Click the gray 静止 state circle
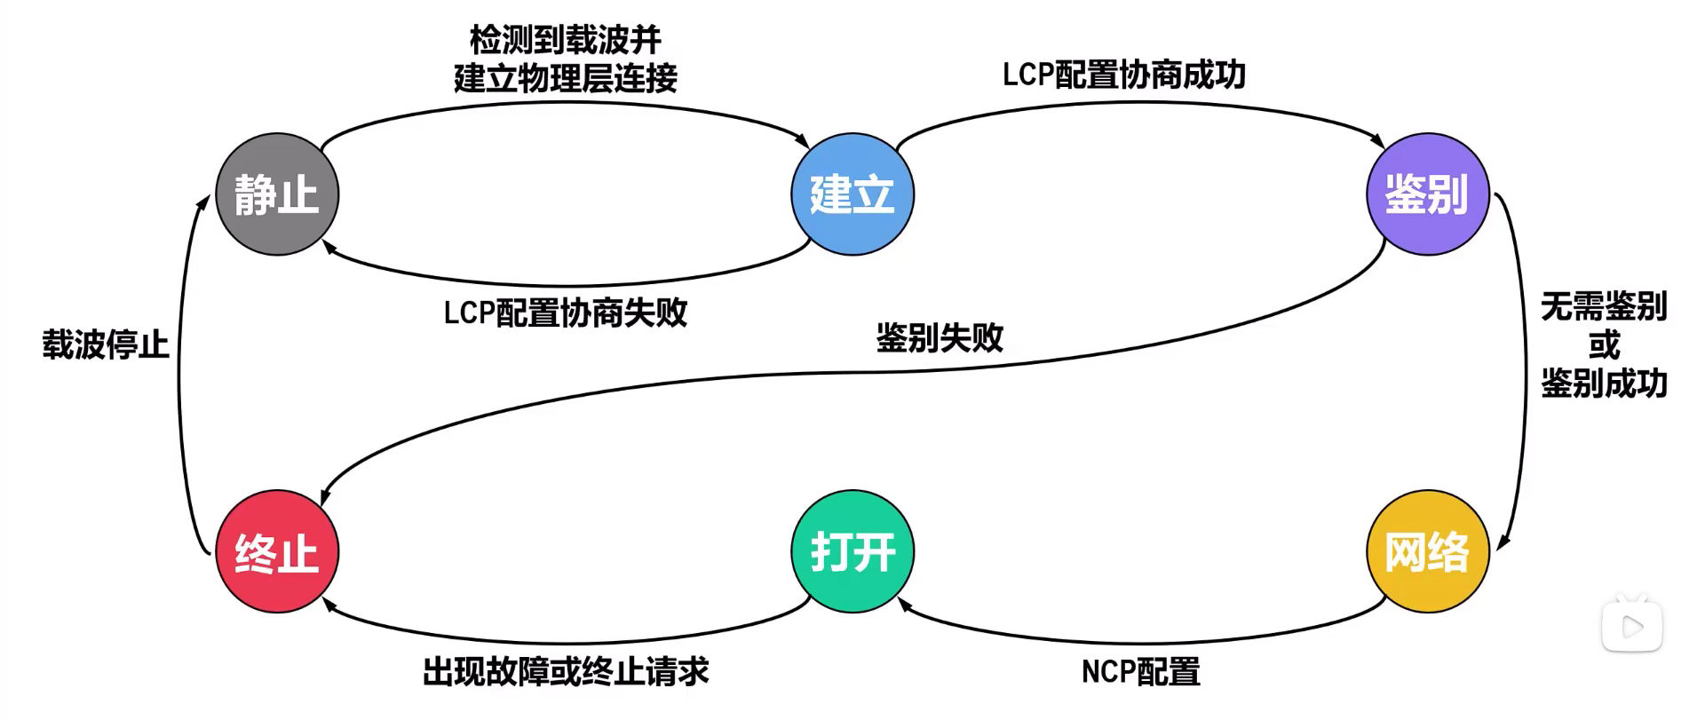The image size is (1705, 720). click(x=277, y=194)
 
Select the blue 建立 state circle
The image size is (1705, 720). click(x=852, y=194)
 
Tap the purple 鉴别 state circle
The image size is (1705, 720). click(x=1427, y=194)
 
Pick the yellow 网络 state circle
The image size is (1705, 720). click(x=1427, y=551)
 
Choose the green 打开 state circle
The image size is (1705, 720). click(x=852, y=551)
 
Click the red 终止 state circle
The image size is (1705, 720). click(x=277, y=551)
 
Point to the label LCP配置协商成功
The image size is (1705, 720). click(x=1124, y=75)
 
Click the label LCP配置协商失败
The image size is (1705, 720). click(x=566, y=313)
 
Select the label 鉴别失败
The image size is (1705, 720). click(x=940, y=337)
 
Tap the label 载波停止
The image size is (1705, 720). click(x=106, y=344)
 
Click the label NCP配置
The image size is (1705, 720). click(x=1141, y=672)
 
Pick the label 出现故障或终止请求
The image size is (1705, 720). click(x=566, y=672)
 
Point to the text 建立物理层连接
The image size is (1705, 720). click(x=566, y=78)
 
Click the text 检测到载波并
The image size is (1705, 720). click(x=566, y=40)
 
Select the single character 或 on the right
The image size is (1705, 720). click(x=1605, y=344)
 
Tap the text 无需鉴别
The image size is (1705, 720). click(x=1605, y=306)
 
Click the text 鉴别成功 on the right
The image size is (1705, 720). click(x=1605, y=384)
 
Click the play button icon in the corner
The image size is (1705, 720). click(x=1632, y=626)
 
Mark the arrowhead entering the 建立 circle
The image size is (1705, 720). click(x=802, y=140)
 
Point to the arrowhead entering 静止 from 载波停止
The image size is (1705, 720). click(x=203, y=202)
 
